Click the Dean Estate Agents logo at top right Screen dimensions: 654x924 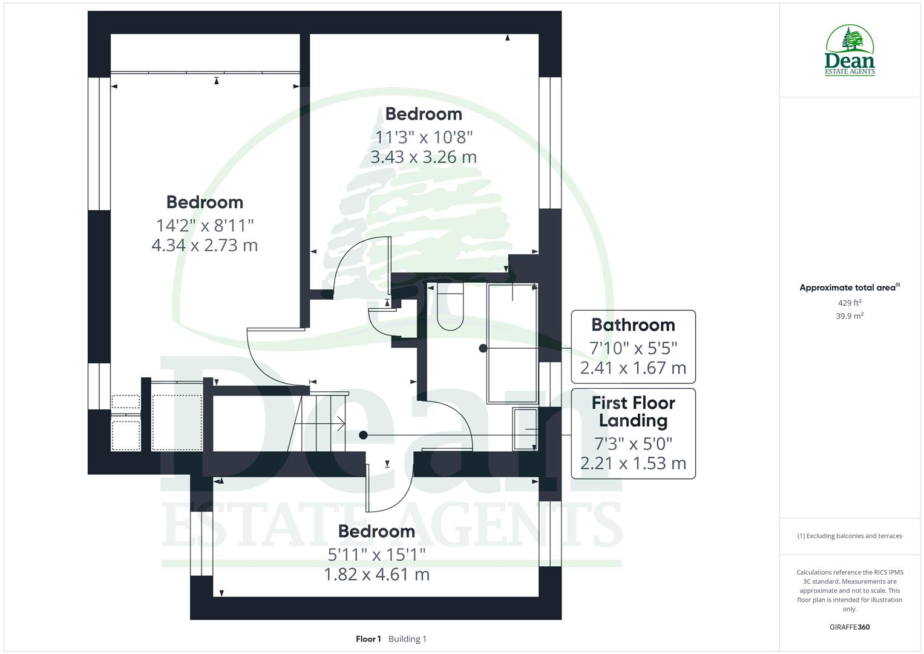click(x=850, y=51)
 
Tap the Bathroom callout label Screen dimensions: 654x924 click(x=633, y=325)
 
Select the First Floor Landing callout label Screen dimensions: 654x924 click(x=633, y=412)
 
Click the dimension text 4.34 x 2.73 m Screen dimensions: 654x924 click(x=205, y=245)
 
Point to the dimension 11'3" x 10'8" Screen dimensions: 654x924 click(x=424, y=137)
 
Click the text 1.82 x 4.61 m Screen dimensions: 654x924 click(x=376, y=574)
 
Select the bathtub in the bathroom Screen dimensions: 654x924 click(x=513, y=343)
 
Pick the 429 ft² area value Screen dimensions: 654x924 click(x=850, y=303)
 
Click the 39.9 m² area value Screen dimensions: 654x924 click(x=850, y=315)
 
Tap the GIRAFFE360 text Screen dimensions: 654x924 click(x=850, y=627)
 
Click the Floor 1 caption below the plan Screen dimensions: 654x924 click(x=368, y=639)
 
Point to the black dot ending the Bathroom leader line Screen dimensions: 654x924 click(x=483, y=348)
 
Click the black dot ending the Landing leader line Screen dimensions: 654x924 click(x=363, y=435)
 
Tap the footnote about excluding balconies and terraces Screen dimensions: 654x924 click(x=850, y=536)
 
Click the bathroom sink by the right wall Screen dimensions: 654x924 click(x=525, y=429)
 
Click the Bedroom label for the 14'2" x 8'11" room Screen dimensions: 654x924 click(x=205, y=202)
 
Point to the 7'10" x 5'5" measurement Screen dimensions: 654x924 click(x=633, y=348)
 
